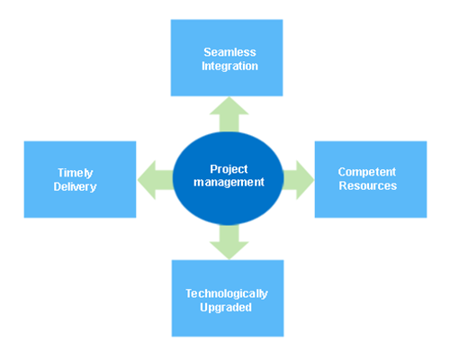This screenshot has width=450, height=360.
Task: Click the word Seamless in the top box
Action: pyautogui.click(x=229, y=52)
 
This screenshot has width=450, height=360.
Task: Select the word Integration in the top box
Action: pyautogui.click(x=229, y=67)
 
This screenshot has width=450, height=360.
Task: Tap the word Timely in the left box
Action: pyautogui.click(x=76, y=173)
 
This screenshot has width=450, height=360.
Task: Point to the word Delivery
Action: pyautogui.click(x=75, y=186)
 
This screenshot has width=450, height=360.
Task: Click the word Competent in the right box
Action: pyautogui.click(x=367, y=172)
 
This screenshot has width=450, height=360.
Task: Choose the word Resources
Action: pyautogui.click(x=368, y=185)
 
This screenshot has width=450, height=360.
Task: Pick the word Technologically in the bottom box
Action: pyautogui.click(x=227, y=293)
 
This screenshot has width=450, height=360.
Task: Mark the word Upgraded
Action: pyautogui.click(x=226, y=308)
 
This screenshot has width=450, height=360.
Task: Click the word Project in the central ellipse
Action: pyautogui.click(x=229, y=169)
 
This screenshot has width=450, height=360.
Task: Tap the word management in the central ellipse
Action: pyautogui.click(x=229, y=182)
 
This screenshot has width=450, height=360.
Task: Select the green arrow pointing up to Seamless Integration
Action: pyautogui.click(x=229, y=114)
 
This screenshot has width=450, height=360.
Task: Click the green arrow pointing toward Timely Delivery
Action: pyautogui.click(x=156, y=180)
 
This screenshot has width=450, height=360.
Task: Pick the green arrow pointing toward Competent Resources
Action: pyautogui.click(x=298, y=180)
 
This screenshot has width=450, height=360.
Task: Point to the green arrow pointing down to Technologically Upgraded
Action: pyautogui.click(x=229, y=242)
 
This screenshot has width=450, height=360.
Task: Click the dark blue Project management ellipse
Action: pyautogui.click(x=229, y=178)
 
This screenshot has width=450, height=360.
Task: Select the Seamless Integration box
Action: pyautogui.click(x=227, y=58)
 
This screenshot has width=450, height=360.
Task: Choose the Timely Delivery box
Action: pyautogui.click(x=80, y=179)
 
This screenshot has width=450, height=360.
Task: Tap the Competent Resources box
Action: pyautogui.click(x=371, y=179)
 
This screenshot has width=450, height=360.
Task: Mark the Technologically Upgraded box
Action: pyautogui.click(x=228, y=298)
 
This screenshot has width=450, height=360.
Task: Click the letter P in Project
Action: pyautogui.click(x=213, y=169)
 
